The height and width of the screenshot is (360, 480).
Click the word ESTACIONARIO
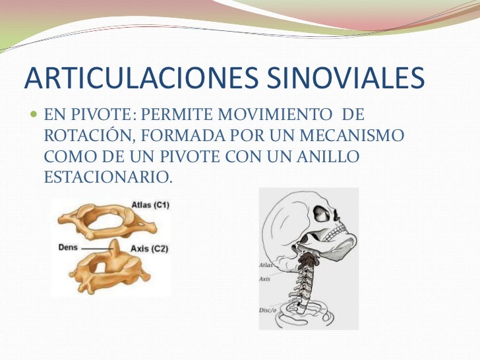tap(107, 177)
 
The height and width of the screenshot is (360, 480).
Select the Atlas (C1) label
tap(150, 205)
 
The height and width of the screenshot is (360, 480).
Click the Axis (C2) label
tap(150, 249)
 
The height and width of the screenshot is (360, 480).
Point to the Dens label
tap(68, 248)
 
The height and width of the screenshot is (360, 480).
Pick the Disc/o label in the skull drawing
tap(268, 309)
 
